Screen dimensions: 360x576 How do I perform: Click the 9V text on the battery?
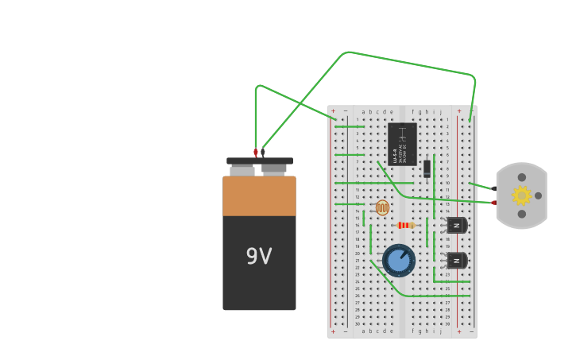point(259,257)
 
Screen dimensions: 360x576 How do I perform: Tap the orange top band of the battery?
point(259,196)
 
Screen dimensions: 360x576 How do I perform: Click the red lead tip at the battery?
point(256,152)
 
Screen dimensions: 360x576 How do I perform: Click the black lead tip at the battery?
point(263,152)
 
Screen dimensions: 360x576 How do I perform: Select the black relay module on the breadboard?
point(402,144)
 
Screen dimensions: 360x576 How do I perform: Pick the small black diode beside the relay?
point(427,168)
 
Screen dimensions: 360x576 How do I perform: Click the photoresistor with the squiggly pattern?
point(382,208)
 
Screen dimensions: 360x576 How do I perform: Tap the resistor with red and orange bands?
point(405,226)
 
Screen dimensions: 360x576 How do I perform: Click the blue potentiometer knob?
point(399,261)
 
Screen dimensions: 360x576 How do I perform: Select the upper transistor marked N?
point(456,226)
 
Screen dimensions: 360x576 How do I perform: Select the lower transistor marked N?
point(456,261)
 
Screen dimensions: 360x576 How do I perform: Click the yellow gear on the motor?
point(521,195)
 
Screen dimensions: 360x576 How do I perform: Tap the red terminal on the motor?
point(494,203)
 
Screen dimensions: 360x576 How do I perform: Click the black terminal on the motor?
point(494,188)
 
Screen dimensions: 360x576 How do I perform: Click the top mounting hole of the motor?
point(522,177)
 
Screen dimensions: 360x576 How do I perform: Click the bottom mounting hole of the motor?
point(522,214)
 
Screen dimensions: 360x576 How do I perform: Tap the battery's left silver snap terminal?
point(242,170)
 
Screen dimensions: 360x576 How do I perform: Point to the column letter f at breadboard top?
point(412,112)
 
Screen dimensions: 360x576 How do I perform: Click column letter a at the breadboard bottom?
point(363,331)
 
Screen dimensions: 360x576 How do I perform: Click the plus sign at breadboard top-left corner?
point(333,111)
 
